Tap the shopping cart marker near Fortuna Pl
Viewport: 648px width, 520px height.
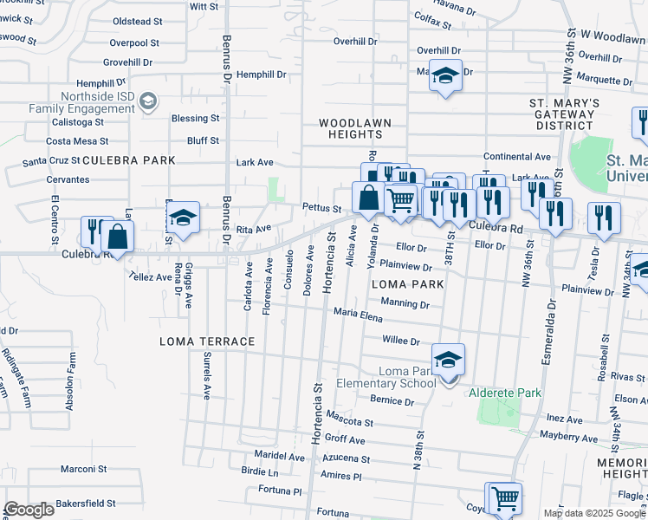(x=504, y=499)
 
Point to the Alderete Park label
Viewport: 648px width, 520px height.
(x=505, y=393)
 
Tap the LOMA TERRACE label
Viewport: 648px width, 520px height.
(x=207, y=341)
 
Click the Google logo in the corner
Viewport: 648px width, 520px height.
(x=29, y=510)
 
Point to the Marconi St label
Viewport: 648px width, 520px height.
(x=83, y=469)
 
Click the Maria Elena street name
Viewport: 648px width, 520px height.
(x=358, y=315)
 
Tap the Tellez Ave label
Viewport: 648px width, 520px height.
(x=151, y=276)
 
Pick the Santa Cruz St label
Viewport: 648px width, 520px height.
(x=51, y=161)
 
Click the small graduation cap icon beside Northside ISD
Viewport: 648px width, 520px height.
(x=148, y=102)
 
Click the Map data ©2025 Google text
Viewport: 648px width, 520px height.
(x=593, y=513)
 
